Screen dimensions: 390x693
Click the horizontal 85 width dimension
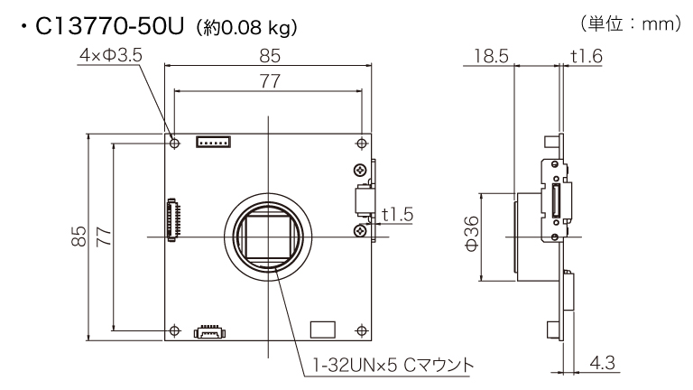[x=268, y=57]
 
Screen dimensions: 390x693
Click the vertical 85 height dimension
[x=79, y=237]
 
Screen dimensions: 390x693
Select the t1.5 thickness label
[x=397, y=215]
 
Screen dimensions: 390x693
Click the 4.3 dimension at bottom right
[x=601, y=363]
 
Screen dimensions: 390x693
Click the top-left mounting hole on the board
[x=174, y=143]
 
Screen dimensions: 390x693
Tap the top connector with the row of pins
[x=215, y=142]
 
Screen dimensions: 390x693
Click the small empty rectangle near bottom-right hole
[x=321, y=329]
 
